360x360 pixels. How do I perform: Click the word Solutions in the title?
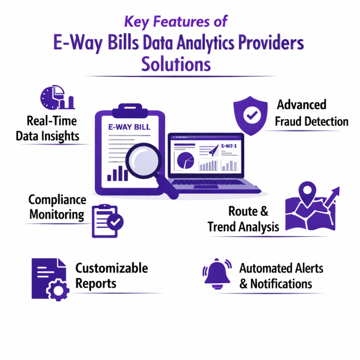point(176,64)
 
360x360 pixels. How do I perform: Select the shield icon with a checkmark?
point(249,116)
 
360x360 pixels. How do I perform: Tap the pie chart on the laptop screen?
point(184,160)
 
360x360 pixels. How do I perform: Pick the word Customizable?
point(111,268)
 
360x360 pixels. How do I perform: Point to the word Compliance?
point(57,200)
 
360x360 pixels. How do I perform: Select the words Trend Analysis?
point(243,226)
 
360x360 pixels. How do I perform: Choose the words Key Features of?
point(176,21)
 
